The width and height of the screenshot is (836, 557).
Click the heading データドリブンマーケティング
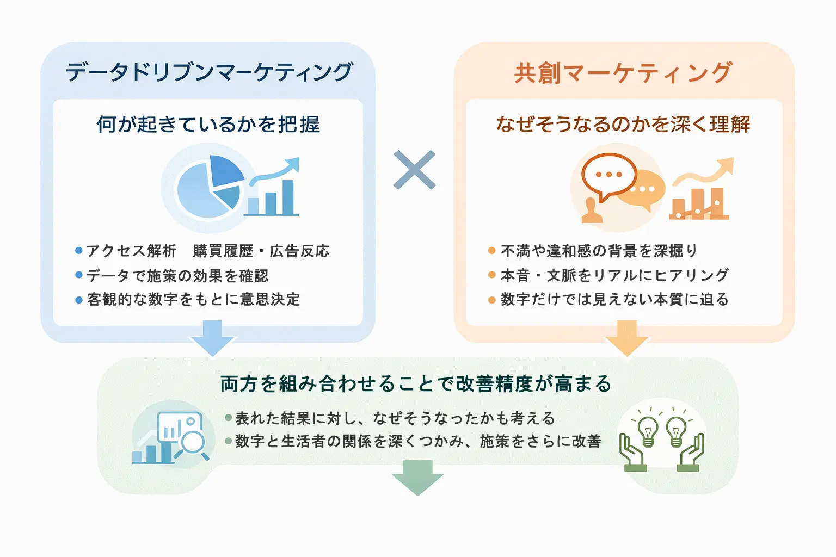coord(209,72)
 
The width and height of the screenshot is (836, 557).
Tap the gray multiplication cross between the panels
coord(414,170)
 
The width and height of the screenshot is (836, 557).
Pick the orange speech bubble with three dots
coord(608,175)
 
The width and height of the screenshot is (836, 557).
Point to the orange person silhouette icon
coord(592,211)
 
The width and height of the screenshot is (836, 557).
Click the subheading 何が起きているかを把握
coord(208,125)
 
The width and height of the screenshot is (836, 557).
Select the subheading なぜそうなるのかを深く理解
coord(623,125)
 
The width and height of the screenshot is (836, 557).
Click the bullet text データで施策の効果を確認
coord(177,276)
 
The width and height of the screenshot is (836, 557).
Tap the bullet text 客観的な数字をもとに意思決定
coord(193,299)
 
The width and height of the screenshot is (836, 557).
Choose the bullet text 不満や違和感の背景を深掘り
coord(599,251)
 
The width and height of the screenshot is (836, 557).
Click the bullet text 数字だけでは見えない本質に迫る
coord(614,299)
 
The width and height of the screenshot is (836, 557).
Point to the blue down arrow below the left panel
coord(212,338)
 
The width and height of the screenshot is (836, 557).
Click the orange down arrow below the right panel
coord(626,338)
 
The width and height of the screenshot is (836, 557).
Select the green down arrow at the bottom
coord(417,477)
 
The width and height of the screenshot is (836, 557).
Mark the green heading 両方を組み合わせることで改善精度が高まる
coord(416,384)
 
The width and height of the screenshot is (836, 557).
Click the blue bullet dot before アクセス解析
coord(79,251)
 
